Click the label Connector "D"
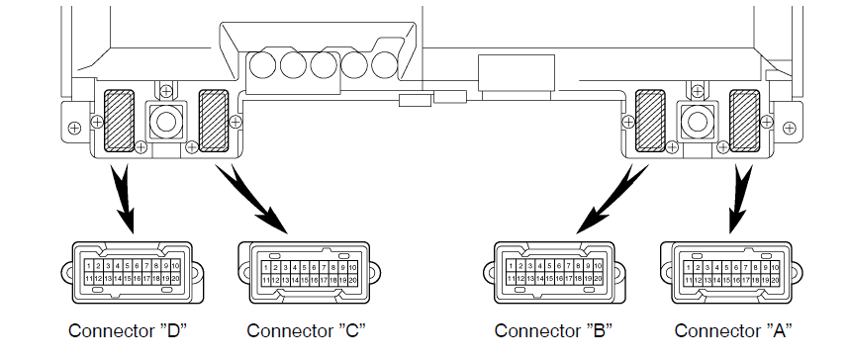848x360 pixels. pos(128,330)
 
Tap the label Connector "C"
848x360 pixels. pos(306,330)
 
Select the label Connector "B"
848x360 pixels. pos(553,330)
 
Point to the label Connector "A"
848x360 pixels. pos(733,330)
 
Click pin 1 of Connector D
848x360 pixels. pos(89,266)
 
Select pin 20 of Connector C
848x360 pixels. pos(352,280)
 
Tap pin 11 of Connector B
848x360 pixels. pos(511,279)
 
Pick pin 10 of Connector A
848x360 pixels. pos(775,267)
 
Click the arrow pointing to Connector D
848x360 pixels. pos(125,198)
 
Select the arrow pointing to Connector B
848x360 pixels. pos(612,199)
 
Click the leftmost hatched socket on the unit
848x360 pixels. pos(119,121)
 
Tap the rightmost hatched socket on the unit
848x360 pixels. pos(745,121)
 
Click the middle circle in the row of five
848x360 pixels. pos(324,65)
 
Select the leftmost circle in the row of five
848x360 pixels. pos(263,65)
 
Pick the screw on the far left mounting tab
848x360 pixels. pos(74,129)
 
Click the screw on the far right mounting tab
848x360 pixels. pos(789,129)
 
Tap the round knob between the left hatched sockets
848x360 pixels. pos(166,121)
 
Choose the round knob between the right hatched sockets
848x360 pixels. pos(698,121)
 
